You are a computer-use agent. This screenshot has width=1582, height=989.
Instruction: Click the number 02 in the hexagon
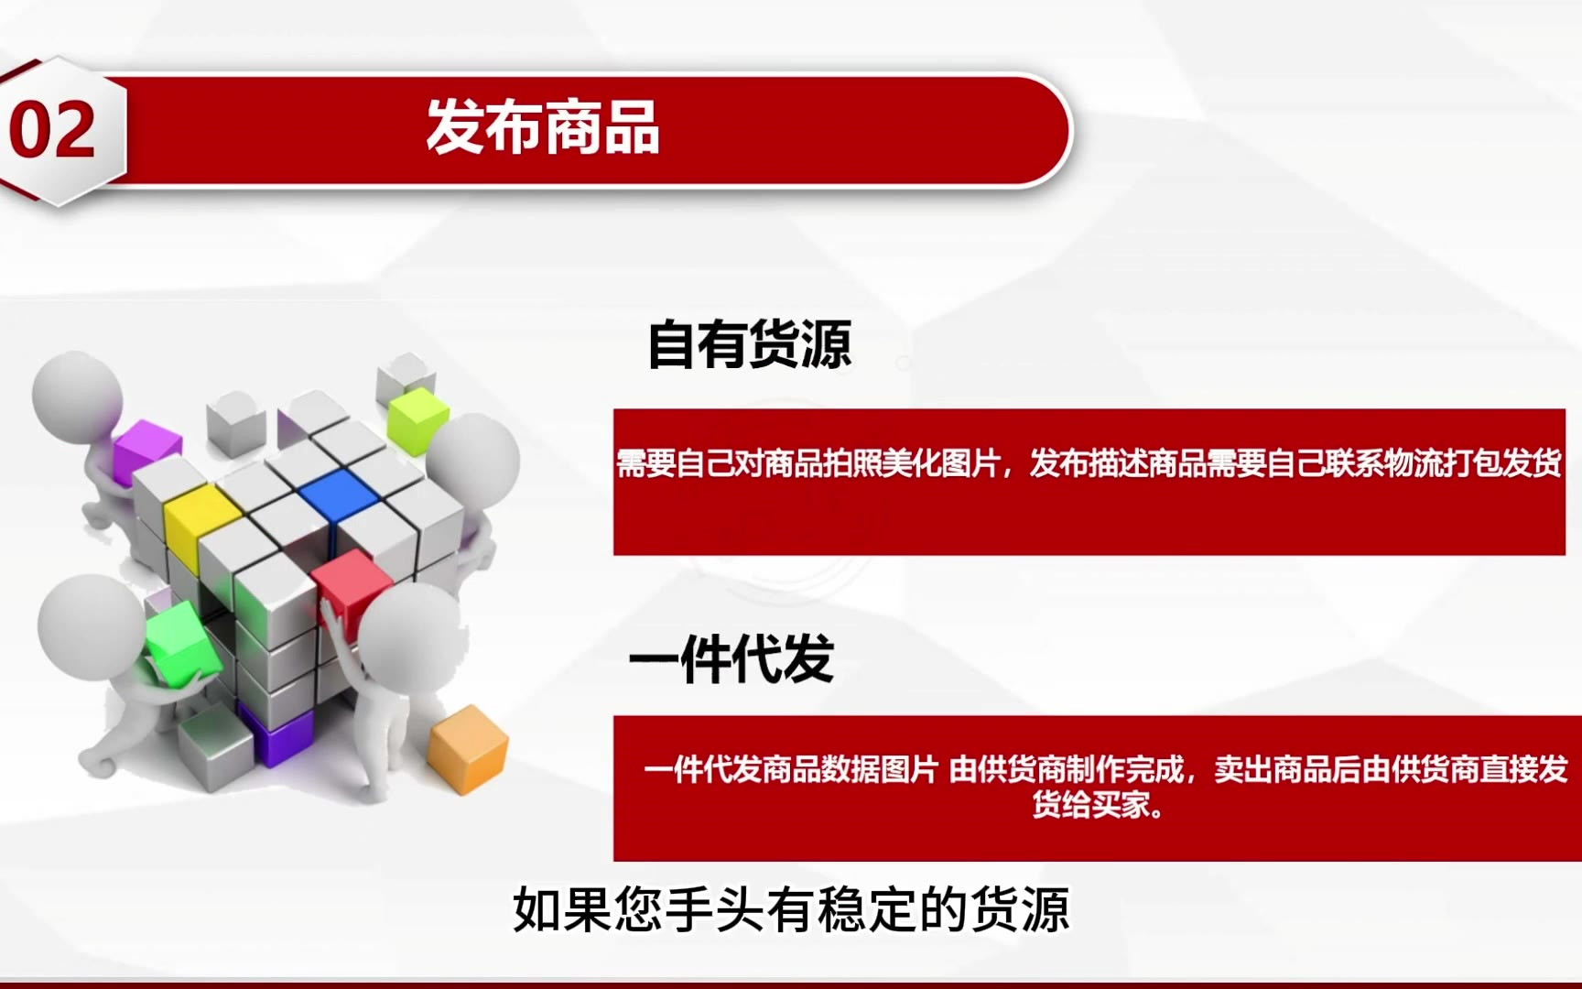[52, 130]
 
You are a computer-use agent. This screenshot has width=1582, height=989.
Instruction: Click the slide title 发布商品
[543, 126]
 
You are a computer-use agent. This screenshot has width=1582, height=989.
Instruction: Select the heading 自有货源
[750, 344]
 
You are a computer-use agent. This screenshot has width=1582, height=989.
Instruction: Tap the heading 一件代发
[731, 658]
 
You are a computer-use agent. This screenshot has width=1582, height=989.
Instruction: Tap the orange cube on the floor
[468, 748]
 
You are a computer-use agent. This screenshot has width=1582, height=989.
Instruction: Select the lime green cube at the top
[417, 418]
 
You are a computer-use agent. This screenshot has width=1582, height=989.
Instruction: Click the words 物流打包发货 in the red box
[1473, 463]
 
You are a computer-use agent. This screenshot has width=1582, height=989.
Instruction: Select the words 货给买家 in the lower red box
[1090, 805]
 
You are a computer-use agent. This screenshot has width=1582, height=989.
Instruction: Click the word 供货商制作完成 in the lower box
[1067, 769]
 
